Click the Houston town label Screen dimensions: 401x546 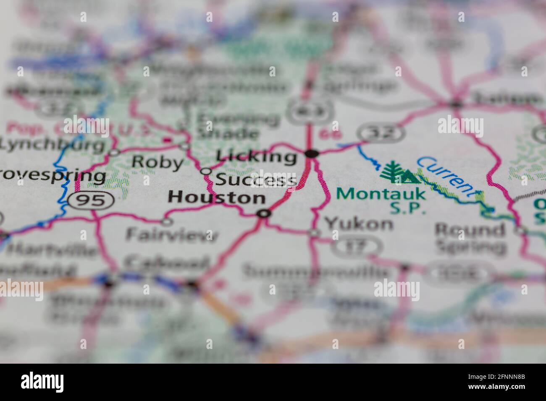pyautogui.click(x=217, y=197)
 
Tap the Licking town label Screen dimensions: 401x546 pyautogui.click(x=256, y=156)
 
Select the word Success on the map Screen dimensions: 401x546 pyautogui.click(x=256, y=180)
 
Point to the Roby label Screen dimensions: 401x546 pyautogui.click(x=157, y=162)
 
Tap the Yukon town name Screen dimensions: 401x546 pyautogui.click(x=359, y=224)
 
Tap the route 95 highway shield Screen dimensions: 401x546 pyautogui.click(x=92, y=200)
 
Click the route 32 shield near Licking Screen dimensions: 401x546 pyautogui.click(x=381, y=133)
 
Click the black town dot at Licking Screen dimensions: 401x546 pyautogui.click(x=311, y=154)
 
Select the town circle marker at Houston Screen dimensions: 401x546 pyautogui.click(x=264, y=214)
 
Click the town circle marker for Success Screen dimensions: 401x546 pyautogui.click(x=206, y=171)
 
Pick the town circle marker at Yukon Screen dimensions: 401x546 pyautogui.click(x=314, y=233)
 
